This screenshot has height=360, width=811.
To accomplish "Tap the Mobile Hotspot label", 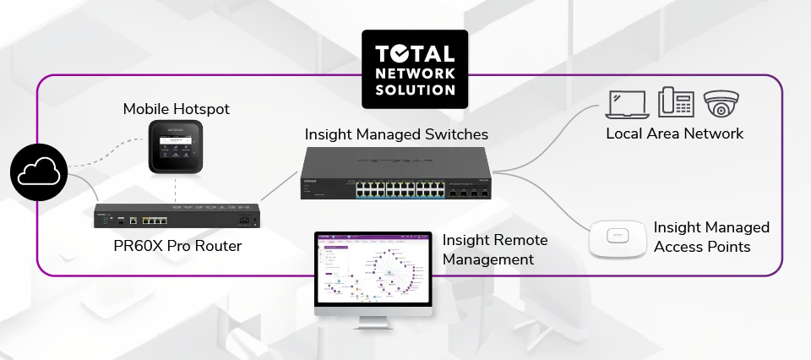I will click(176, 109).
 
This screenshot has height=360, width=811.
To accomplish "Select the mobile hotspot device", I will click(177, 147).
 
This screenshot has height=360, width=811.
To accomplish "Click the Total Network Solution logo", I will click(415, 69).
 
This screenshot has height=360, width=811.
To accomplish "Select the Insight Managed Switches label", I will click(396, 134).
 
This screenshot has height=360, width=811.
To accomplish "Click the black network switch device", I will click(395, 173).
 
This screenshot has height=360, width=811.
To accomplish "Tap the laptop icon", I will click(626, 105).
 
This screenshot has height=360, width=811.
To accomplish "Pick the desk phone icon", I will click(675, 103).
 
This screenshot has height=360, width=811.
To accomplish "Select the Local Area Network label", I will click(674, 134).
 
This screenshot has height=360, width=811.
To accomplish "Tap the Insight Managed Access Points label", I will click(711, 237).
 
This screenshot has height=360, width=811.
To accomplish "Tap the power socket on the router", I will click(245, 221).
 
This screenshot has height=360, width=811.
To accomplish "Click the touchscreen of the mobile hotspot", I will click(177, 145).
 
